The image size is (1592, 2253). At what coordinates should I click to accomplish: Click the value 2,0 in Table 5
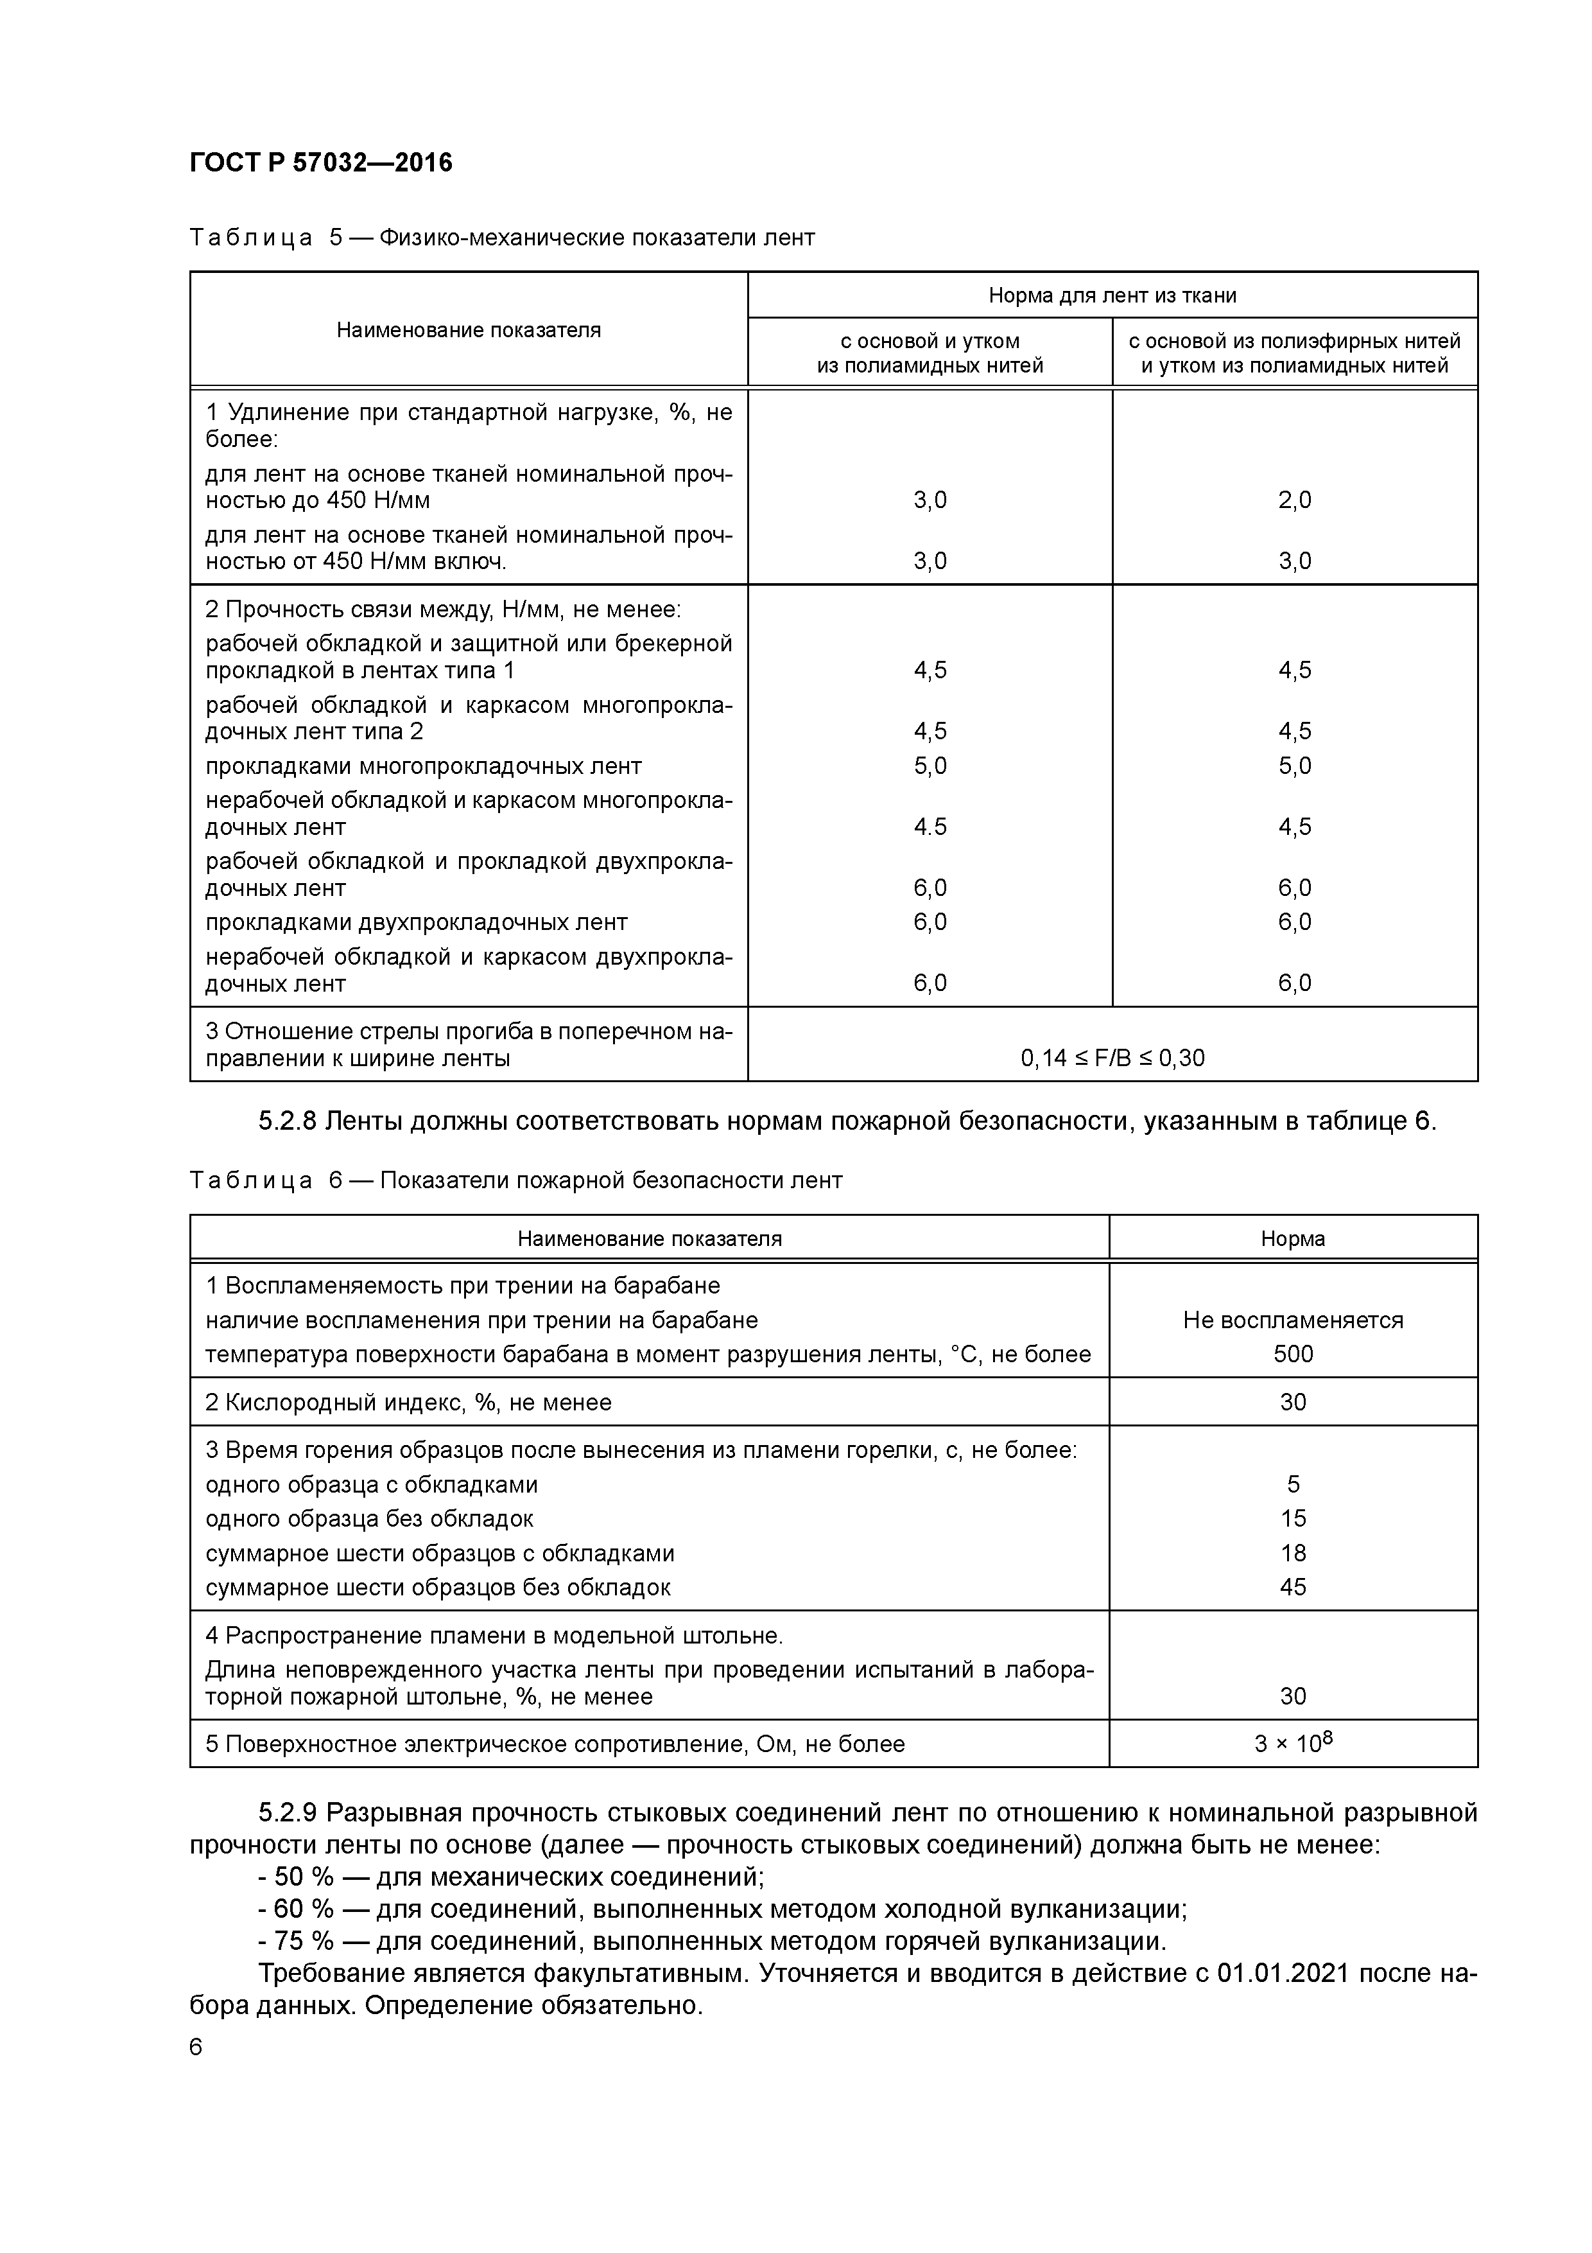tap(1293, 500)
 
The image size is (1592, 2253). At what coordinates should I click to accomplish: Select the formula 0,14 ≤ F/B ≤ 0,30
tap(1112, 1058)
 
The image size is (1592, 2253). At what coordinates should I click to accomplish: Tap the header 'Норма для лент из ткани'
tap(1112, 295)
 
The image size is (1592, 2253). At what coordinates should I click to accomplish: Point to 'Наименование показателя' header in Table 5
tap(468, 329)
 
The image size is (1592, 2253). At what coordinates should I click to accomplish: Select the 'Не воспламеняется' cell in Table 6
tap(1293, 1320)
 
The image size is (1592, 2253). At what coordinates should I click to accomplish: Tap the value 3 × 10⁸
tap(1293, 1744)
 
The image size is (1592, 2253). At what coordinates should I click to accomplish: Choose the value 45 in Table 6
tap(1293, 1587)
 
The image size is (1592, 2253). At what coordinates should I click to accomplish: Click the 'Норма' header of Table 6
tap(1293, 1238)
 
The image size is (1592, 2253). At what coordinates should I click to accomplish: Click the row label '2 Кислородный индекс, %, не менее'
tap(408, 1402)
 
